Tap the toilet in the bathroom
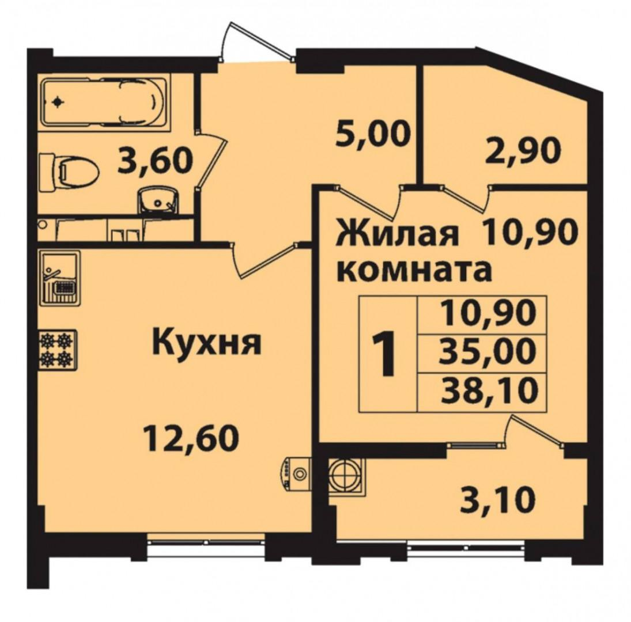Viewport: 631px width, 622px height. click(x=70, y=171)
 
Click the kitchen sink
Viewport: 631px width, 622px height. click(x=60, y=278)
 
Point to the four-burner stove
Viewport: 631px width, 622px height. click(x=58, y=350)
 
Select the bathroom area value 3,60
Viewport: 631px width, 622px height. click(x=155, y=161)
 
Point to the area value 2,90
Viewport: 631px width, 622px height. click(x=522, y=150)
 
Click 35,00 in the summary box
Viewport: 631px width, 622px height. click(x=488, y=351)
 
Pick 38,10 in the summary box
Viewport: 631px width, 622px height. click(x=489, y=389)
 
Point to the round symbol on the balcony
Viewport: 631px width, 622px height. click(x=345, y=475)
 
